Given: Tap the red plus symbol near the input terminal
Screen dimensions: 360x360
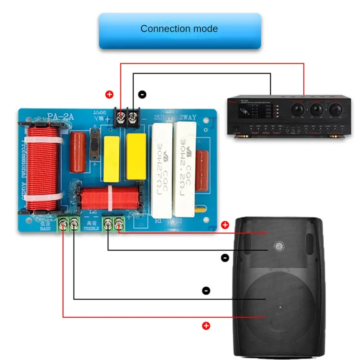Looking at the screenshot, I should pos(108,94).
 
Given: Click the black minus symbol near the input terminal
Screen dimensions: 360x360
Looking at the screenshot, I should pos(142,94).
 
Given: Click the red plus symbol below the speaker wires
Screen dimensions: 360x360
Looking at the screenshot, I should pos(206,326).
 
